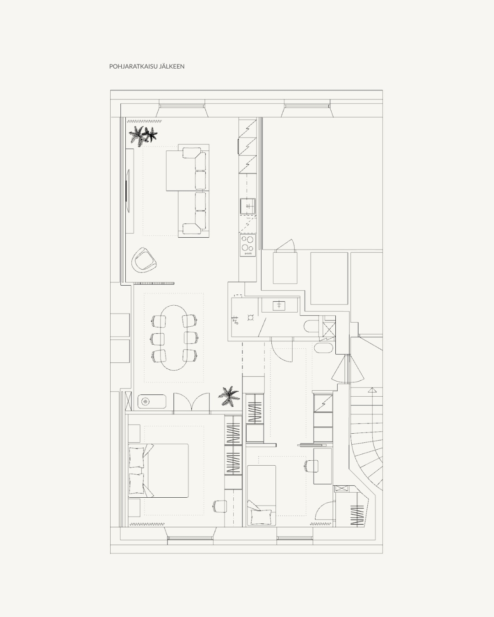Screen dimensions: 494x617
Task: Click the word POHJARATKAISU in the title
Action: point(133,66)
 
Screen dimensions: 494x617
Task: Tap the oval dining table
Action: point(174,338)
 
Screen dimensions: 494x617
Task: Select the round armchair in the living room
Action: point(144,260)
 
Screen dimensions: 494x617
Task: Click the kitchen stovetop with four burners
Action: point(248,245)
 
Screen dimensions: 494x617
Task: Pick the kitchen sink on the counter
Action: point(248,206)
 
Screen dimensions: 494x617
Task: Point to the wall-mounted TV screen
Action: point(128,191)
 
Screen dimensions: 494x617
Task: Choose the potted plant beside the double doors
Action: point(229,396)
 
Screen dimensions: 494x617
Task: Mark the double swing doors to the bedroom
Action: point(192,403)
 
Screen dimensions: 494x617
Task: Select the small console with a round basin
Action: point(152,402)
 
